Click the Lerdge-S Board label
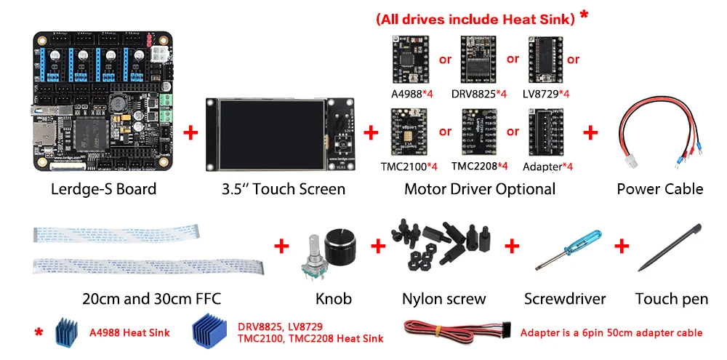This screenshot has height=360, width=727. (103, 189)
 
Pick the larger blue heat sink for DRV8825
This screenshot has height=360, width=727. (210, 332)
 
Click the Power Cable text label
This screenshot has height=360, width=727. (659, 189)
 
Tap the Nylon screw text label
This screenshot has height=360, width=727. (443, 298)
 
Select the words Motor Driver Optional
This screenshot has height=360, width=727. (479, 189)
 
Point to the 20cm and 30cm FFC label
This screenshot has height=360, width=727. (150, 298)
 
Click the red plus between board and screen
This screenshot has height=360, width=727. (190, 132)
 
